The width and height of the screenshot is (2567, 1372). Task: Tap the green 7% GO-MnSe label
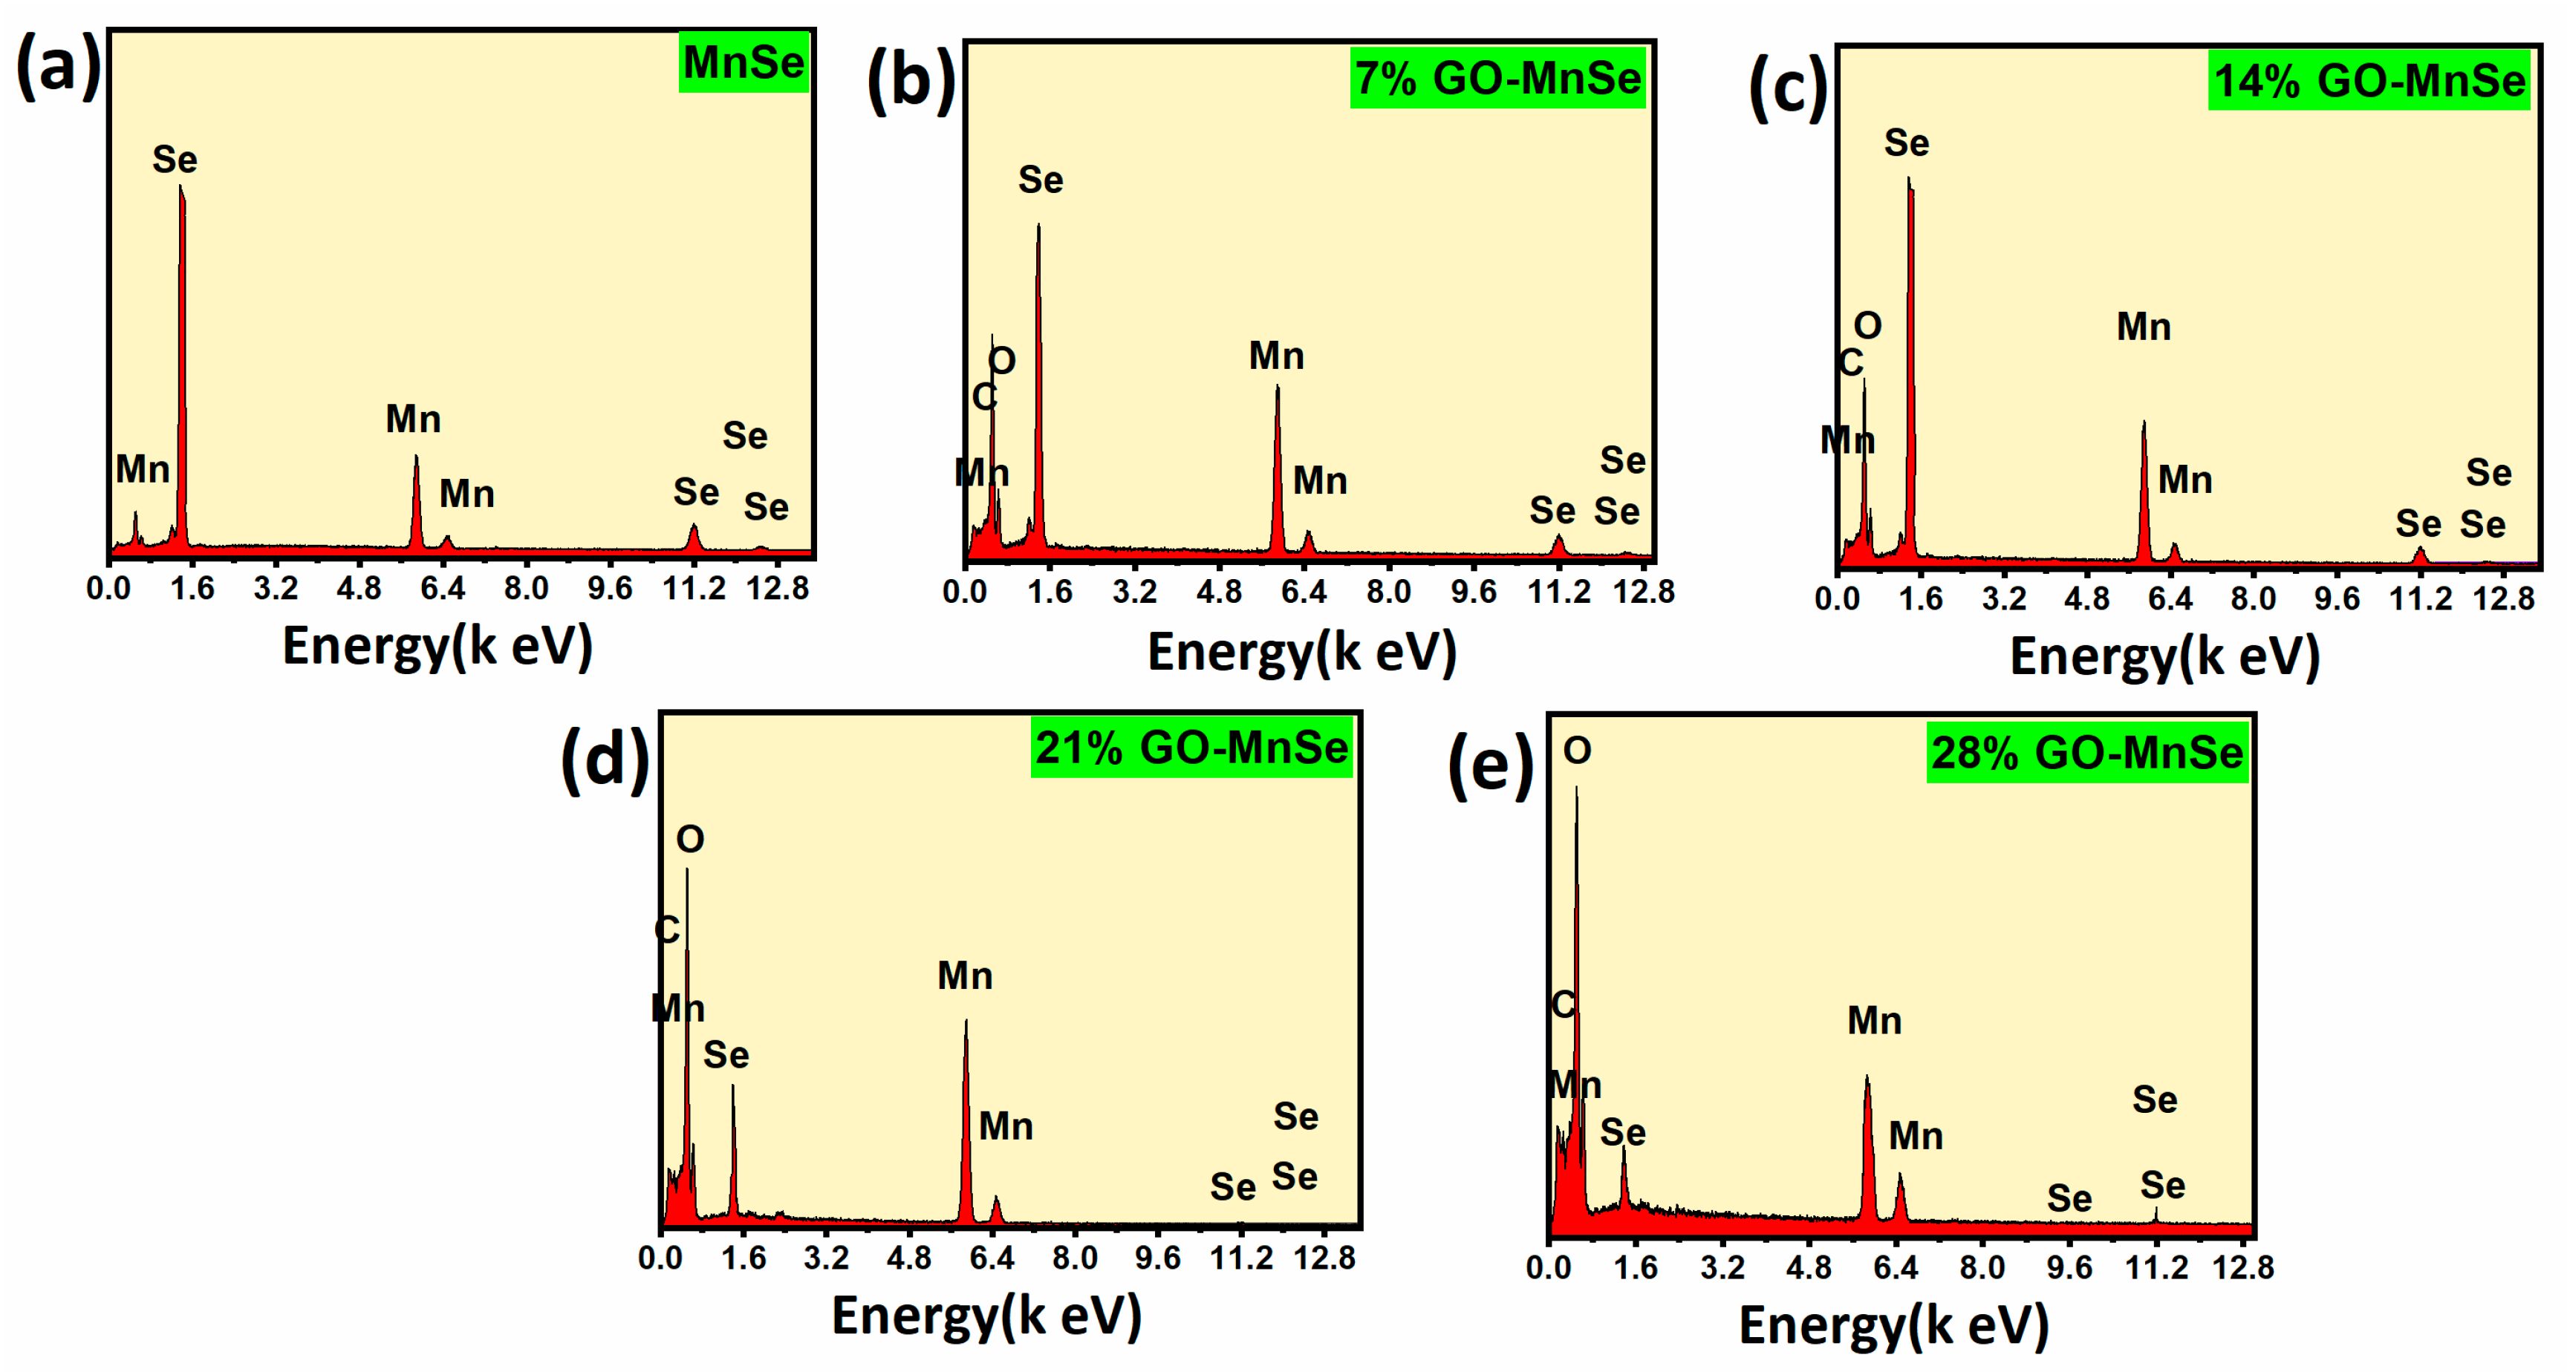[1497, 79]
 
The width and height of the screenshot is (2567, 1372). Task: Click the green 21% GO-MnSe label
[1191, 748]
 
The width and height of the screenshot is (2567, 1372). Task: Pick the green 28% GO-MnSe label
[2086, 752]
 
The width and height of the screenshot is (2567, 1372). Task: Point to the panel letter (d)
[605, 759]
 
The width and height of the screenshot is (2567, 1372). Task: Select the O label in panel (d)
[689, 840]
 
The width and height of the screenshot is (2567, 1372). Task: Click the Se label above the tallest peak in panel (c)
[1905, 143]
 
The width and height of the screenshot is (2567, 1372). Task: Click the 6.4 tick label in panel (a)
[443, 589]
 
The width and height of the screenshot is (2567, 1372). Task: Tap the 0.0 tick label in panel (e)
[1549, 1267]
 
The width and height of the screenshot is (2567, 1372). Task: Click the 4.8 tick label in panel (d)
[909, 1258]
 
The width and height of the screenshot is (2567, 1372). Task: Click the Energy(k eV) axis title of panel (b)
[1301, 653]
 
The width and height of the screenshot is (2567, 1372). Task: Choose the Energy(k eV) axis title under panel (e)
[1893, 1325]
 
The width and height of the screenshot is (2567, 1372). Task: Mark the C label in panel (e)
[1563, 1004]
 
